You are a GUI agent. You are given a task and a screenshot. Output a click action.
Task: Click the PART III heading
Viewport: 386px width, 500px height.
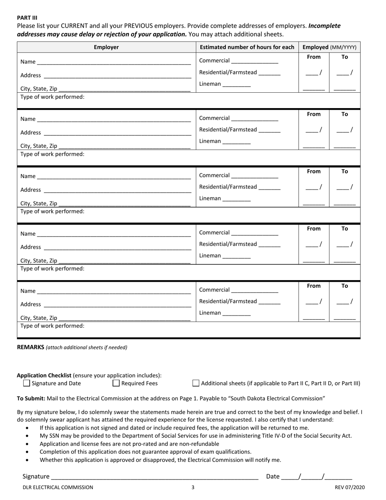(27, 17)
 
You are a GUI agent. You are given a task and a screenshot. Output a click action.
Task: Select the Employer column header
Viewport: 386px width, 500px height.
(106, 47)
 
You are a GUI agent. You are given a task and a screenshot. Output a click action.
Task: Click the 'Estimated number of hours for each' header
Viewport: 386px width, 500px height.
(247, 47)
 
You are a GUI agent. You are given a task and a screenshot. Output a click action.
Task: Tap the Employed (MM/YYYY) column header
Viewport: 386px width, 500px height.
(330, 47)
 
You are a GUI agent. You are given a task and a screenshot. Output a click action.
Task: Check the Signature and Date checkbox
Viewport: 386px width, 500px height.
(27, 383)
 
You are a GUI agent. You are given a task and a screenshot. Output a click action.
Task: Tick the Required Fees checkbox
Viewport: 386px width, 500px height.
(116, 383)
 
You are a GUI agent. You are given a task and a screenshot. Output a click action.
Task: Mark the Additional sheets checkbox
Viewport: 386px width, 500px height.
(196, 383)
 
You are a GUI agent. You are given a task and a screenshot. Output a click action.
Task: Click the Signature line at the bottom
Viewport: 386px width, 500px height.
(154, 476)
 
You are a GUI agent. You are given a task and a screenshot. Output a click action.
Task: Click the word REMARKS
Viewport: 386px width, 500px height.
(30, 347)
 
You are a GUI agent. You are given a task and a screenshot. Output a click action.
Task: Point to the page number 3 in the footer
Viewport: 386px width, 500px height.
(193, 487)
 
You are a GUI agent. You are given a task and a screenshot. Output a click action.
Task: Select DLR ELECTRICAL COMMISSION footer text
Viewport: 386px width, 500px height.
(58, 487)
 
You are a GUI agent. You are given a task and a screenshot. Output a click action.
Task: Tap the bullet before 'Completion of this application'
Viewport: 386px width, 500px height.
(27, 452)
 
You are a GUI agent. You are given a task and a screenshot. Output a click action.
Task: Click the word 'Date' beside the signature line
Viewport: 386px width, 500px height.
(273, 476)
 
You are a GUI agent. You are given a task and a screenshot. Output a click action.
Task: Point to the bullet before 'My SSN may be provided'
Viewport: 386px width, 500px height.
(27, 436)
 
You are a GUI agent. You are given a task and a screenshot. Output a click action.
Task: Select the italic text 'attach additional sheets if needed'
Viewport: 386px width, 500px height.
(87, 348)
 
